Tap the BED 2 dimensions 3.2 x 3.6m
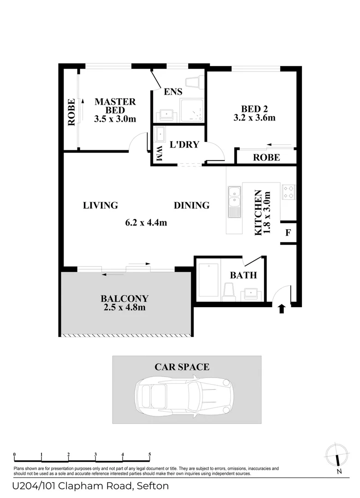[254, 118]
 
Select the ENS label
[173, 91]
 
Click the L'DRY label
[184, 144]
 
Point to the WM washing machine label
[159, 154]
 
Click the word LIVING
[100, 205]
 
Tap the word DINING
[192, 205]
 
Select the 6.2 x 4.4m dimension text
[146, 223]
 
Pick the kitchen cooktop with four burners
[288, 192]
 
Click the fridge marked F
[288, 232]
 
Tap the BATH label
[243, 275]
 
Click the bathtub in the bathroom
[208, 280]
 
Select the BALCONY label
[126, 298]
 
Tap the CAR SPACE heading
[182, 367]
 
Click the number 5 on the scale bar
[150, 454]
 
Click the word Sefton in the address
[152, 486]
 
